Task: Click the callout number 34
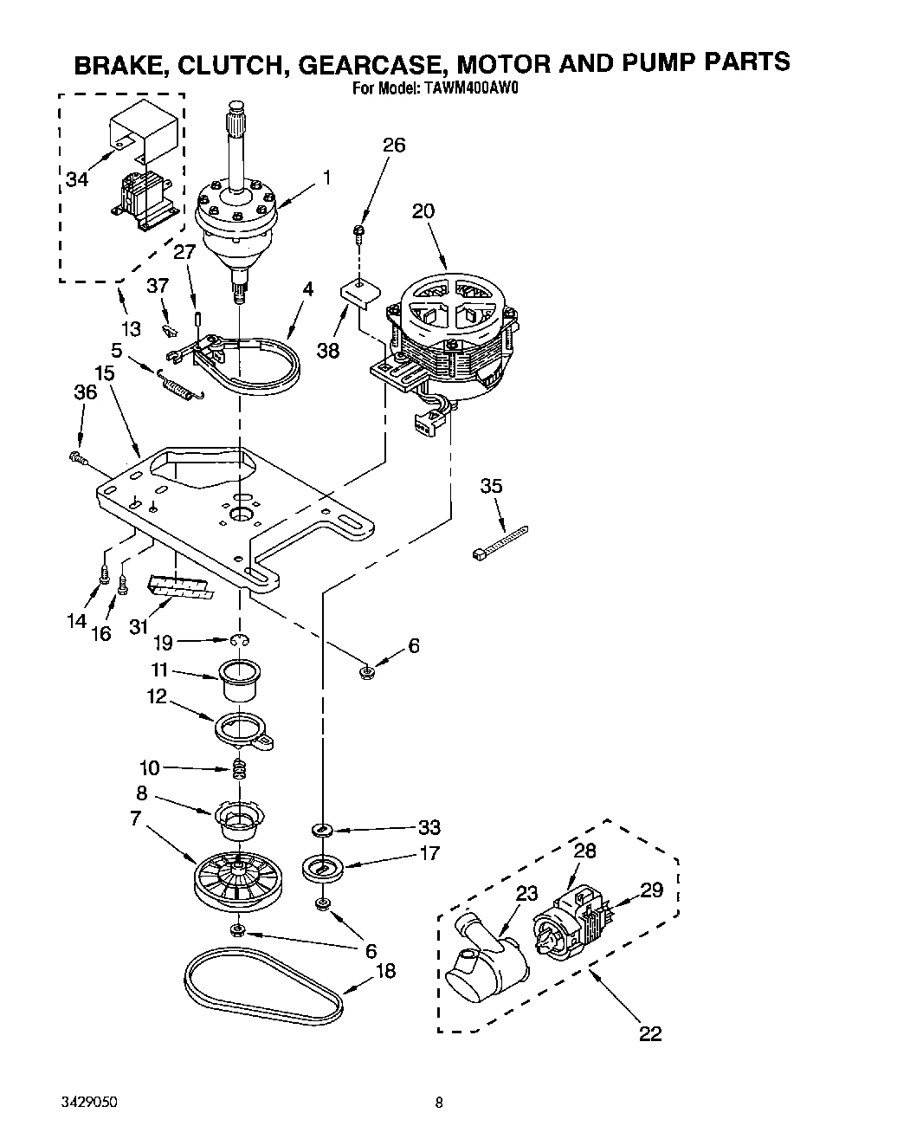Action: pos(77,179)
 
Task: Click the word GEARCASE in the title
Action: pos(368,63)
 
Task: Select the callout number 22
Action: pos(649,1032)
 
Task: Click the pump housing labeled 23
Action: pos(485,966)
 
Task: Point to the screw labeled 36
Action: pos(77,459)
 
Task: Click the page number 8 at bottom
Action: pos(440,1103)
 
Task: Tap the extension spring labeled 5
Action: pos(180,385)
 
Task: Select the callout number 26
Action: pos(393,145)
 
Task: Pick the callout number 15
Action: pos(104,374)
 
